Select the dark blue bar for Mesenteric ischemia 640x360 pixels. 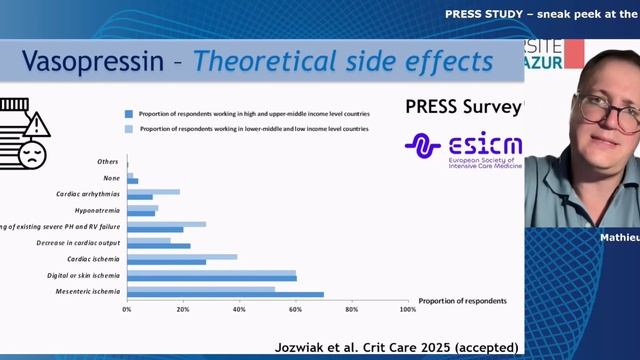coord(225,294)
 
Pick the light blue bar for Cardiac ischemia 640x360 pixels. coord(182,257)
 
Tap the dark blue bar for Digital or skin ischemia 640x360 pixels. coord(211,277)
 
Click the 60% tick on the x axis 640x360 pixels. coord(295,310)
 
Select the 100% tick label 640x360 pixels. coord(407,310)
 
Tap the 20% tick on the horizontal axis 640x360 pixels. coord(183,310)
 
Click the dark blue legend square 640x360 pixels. coord(129,114)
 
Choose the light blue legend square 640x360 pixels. coord(129,129)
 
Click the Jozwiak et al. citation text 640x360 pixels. coord(396,347)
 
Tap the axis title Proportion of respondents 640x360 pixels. coord(463,300)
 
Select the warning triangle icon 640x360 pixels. coord(36,125)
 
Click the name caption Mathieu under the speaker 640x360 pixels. coord(618,238)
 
